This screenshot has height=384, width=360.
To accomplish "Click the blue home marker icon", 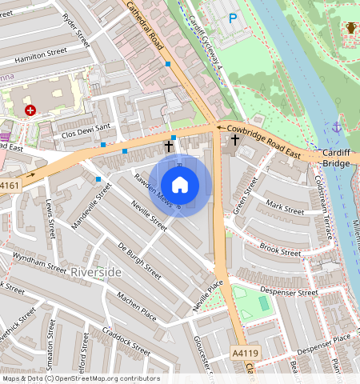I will coord(180,184).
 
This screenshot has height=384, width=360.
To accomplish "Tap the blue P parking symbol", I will coord(233,18).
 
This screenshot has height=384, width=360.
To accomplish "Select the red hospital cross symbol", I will coord(30,110).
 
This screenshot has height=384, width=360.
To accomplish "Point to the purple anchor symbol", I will coord(337,126).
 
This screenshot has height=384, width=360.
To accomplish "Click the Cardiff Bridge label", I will coord(336,158).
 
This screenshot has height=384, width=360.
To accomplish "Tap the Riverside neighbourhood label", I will coord(96,273).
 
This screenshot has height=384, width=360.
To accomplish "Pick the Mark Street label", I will coord(285,207).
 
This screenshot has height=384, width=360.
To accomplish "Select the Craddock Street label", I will coord(127,341).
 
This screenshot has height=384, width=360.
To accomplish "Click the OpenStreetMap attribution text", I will coord(81,378).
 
